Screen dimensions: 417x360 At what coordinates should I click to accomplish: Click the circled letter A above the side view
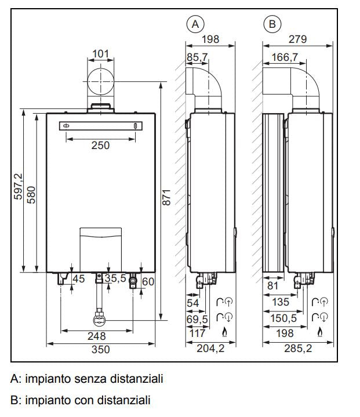pos(195,24)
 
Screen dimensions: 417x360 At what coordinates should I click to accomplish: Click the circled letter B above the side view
pos(271,24)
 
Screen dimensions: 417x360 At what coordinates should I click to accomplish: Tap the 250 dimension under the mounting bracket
pos(100,146)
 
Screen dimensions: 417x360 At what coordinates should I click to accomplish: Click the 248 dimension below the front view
pos(96,336)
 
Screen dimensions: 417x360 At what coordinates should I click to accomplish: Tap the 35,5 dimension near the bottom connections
pos(115,279)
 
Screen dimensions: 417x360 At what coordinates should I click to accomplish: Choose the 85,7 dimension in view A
pos(197,57)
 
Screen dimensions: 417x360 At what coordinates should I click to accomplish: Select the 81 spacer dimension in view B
pos(274,286)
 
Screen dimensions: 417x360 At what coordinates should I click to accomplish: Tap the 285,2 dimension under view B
pos(297,349)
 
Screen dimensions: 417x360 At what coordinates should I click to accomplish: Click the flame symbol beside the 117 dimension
pos(224,332)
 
